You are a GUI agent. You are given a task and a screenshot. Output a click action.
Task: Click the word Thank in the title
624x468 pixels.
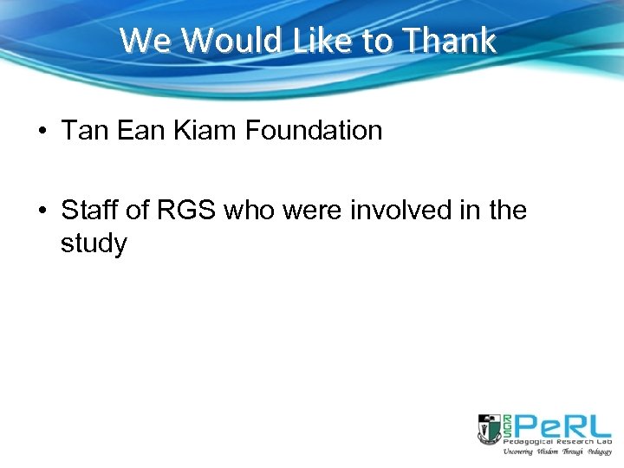[451, 41]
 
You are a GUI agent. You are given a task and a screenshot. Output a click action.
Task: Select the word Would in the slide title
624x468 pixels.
[219, 41]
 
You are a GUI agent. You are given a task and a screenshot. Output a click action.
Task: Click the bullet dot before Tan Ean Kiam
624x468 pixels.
[42, 132]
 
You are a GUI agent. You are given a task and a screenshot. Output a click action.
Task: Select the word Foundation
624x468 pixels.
[314, 131]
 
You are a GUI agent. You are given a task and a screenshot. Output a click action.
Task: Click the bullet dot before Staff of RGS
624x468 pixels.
[42, 211]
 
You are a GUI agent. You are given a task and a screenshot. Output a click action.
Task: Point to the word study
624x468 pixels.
[94, 244]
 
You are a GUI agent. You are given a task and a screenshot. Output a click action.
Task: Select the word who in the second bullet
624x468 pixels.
[250, 211]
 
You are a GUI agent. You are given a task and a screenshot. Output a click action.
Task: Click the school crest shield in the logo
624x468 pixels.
[489, 428]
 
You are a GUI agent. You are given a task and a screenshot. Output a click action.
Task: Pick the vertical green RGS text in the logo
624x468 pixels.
[506, 426]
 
